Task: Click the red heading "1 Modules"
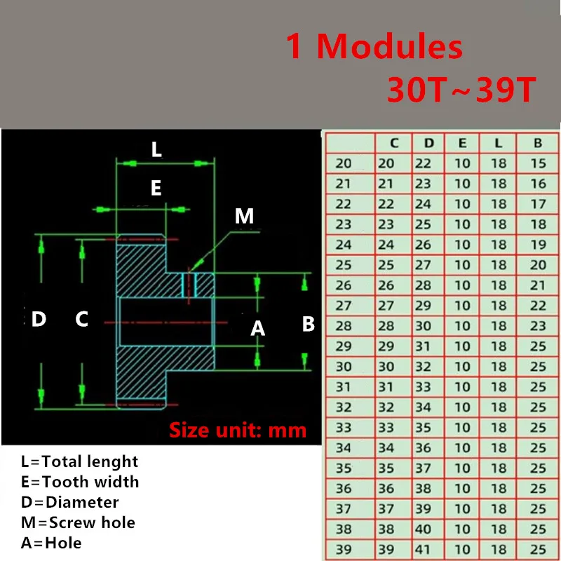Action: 374,48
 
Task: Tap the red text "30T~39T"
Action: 461,90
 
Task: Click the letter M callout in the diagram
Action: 244,216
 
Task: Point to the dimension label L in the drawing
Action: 156,149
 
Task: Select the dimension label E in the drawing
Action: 156,188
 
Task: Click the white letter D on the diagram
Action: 39,320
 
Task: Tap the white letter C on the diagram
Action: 82,320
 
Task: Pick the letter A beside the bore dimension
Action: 258,327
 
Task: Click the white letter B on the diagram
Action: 308,324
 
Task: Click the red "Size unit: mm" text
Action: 238,429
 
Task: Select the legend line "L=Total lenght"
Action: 79,461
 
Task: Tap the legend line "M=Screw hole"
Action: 78,522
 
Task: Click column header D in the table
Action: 429,143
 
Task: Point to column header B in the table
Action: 538,143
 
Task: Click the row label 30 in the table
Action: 344,367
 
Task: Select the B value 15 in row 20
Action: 538,163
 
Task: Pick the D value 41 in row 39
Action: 424,549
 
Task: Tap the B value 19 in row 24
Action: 538,245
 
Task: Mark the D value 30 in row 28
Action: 424,326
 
